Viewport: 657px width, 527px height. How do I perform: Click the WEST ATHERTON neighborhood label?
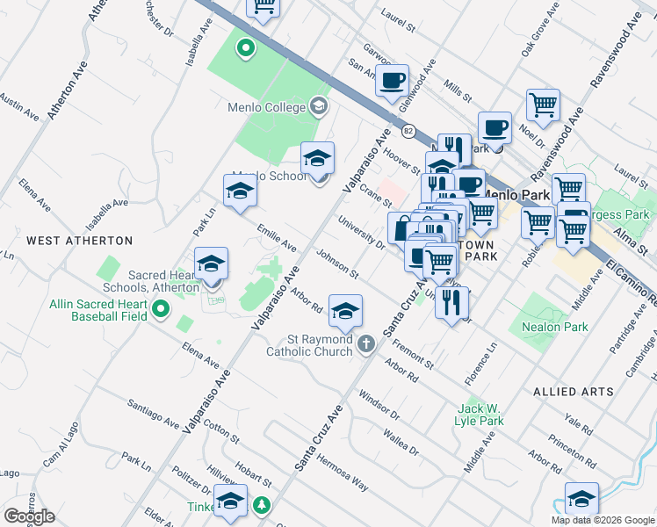tap(79, 240)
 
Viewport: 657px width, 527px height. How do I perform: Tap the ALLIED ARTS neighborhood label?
tap(574, 391)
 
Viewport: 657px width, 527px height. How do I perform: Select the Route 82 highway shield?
tap(408, 131)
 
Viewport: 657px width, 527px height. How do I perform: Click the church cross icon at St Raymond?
tap(367, 344)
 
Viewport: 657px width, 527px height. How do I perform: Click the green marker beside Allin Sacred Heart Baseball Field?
tap(160, 308)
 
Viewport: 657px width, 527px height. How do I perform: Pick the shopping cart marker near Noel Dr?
tap(544, 105)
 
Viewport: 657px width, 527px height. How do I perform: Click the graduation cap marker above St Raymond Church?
tap(346, 310)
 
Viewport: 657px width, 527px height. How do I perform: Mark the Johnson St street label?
tap(338, 264)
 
